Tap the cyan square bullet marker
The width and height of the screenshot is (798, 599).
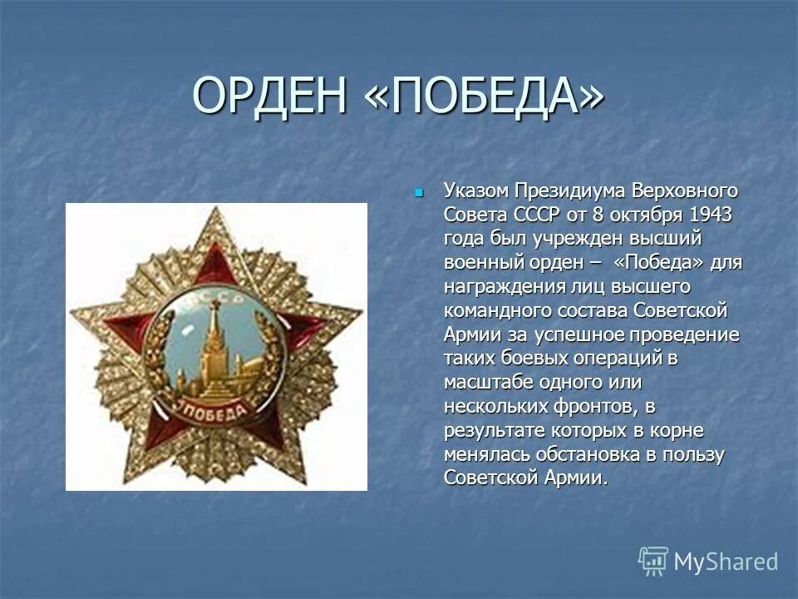coord(419,193)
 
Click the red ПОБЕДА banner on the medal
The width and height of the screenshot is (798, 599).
coord(213,409)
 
